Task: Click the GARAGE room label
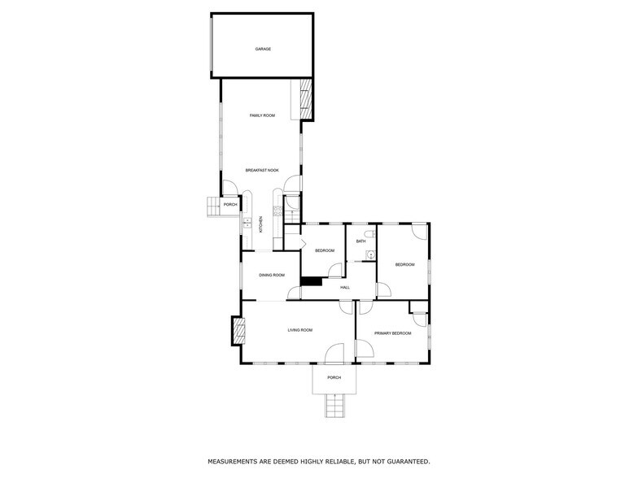pos(262,49)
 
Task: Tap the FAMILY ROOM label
pos(262,115)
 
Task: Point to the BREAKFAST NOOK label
pos(262,170)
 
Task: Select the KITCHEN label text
pos(261,224)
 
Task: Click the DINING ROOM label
pos(272,276)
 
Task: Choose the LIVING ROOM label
pos(299,330)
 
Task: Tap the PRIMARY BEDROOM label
pos(392,333)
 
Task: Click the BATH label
pos(361,241)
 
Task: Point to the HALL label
pos(345,287)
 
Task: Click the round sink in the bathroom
pos(370,255)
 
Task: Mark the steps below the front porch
pos(334,404)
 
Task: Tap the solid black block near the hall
pos(310,281)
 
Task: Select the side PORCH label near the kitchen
pos(230,204)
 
